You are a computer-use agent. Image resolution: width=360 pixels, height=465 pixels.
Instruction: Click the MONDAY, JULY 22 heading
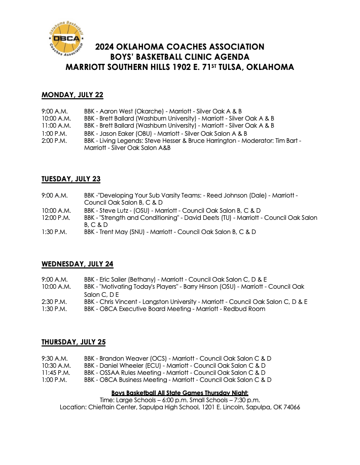tap(72, 95)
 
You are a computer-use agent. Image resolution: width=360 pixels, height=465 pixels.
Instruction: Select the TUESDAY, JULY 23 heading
tap(71, 179)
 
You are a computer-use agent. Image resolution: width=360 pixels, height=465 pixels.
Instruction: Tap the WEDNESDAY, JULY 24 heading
tap(77, 264)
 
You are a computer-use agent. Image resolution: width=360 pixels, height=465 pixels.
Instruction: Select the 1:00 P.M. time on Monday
tap(53, 133)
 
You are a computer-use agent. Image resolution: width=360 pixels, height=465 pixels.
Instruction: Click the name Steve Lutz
tap(115, 210)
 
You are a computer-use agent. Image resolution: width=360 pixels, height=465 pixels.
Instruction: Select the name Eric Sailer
tap(117, 279)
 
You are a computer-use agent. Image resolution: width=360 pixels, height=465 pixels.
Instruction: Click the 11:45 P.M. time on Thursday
tap(56, 372)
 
